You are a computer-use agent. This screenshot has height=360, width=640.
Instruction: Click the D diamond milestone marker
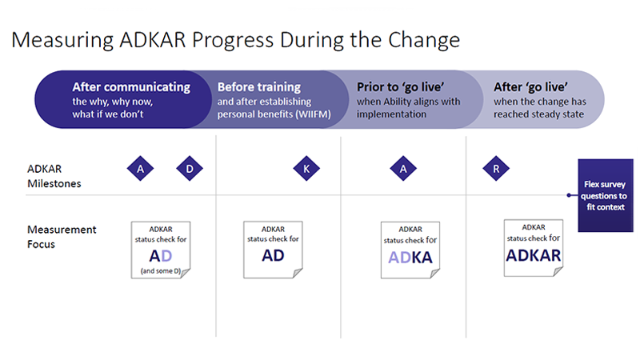[190, 169]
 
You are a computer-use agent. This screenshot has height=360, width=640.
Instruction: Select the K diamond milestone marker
[306, 169]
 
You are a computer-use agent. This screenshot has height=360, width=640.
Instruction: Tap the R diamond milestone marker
[496, 169]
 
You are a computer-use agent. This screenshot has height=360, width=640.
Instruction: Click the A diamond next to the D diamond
[141, 169]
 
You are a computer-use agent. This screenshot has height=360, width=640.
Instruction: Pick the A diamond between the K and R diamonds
[403, 169]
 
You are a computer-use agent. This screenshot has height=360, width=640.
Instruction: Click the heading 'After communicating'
[131, 87]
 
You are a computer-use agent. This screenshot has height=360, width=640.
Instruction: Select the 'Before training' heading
[259, 87]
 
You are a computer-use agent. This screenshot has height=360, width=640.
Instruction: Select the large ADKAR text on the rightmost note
[533, 255]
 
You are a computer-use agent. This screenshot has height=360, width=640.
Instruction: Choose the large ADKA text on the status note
[410, 258]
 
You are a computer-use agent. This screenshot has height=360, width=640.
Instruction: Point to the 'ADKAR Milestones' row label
[54, 176]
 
